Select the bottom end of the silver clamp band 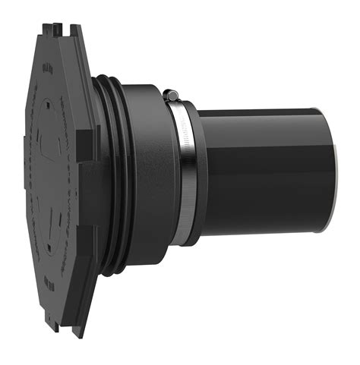pyautogui.click(x=178, y=239)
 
